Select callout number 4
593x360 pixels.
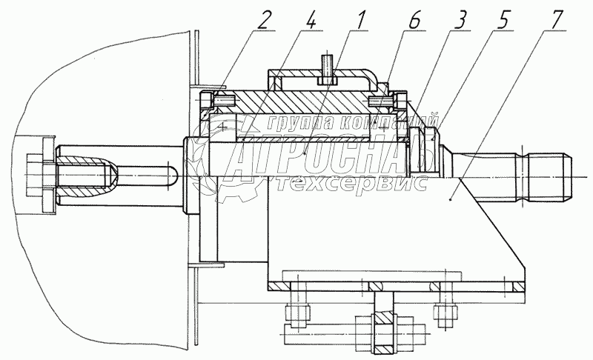312,20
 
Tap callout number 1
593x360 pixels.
361,20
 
